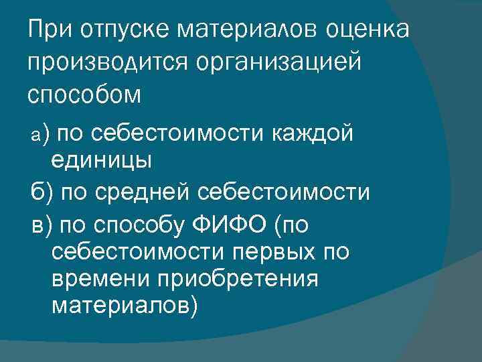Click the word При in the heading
50,30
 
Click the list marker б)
42,193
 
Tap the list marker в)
42,225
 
